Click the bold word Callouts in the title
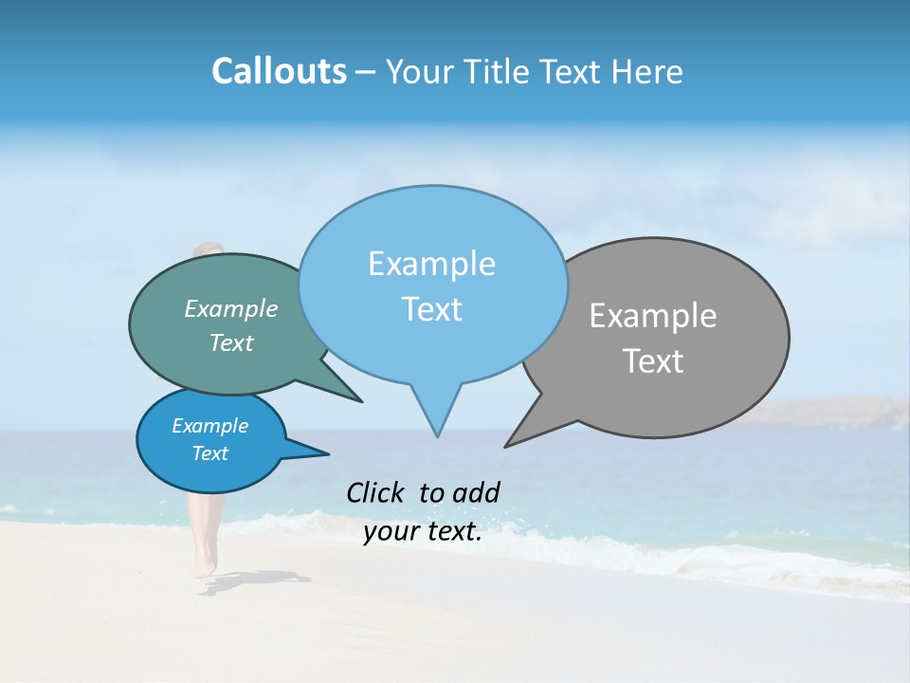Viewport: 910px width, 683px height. [279, 71]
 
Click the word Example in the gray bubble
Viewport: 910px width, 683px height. [653, 316]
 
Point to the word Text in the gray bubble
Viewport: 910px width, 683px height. [653, 361]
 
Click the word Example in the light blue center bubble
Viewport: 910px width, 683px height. [431, 264]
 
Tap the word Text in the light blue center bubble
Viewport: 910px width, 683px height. [431, 309]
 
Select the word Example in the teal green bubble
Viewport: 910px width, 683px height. [231, 308]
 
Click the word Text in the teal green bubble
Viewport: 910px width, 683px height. [231, 342]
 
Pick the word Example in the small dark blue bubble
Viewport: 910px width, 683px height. [209, 426]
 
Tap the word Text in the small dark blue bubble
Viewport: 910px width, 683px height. [209, 453]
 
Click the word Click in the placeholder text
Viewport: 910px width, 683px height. [376, 492]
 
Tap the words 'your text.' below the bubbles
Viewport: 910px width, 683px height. [423, 531]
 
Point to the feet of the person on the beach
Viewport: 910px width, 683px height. [204, 568]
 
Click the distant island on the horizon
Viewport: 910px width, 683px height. [834, 413]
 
